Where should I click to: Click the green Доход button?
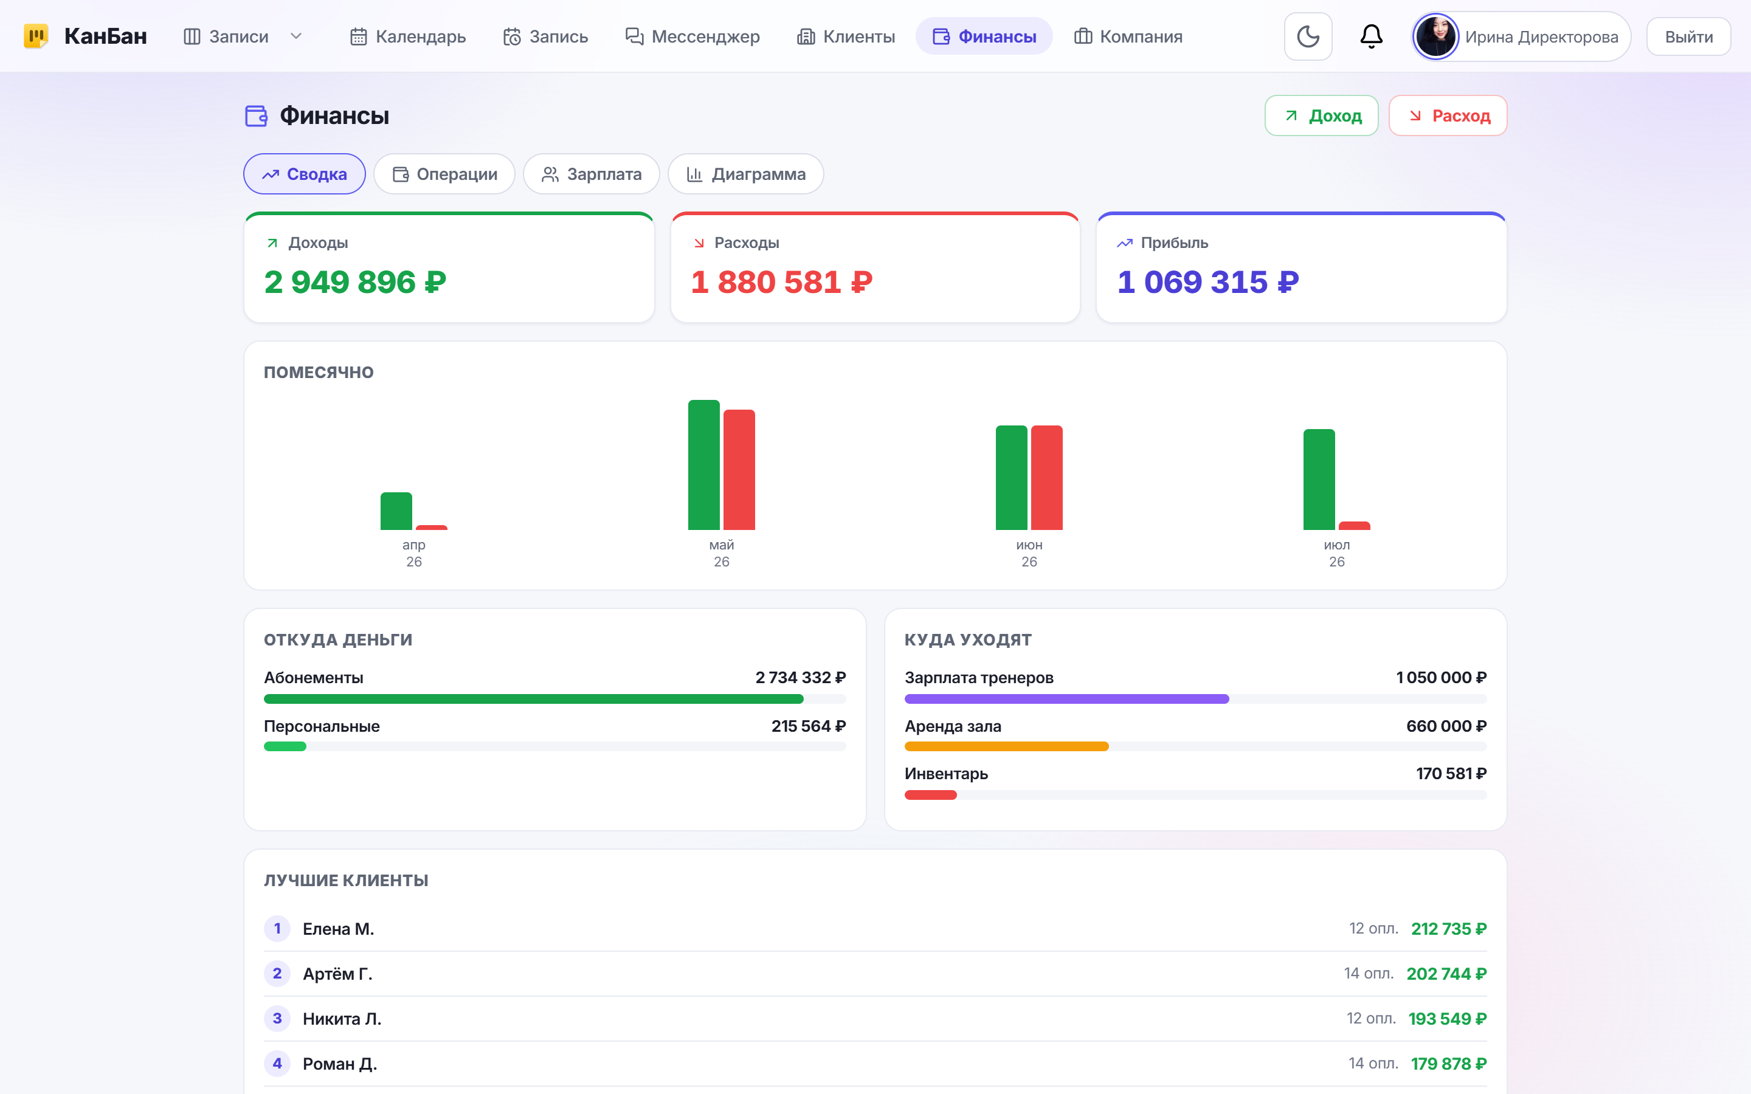[1321, 115]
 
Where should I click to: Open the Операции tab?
[444, 174]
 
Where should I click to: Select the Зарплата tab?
[591, 174]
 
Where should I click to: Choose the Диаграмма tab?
[745, 174]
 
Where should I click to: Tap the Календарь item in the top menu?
[407, 37]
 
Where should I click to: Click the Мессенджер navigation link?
[692, 37]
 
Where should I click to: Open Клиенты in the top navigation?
[846, 37]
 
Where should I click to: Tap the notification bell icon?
[1371, 37]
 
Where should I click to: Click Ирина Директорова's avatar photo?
[1435, 37]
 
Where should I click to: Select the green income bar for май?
[703, 465]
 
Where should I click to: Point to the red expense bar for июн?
[1046, 478]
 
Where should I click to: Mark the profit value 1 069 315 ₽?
[1207, 282]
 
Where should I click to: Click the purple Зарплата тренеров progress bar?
[1066, 699]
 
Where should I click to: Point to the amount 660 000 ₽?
[1446, 726]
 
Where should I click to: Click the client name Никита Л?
[342, 1019]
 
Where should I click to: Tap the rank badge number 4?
[277, 1064]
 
